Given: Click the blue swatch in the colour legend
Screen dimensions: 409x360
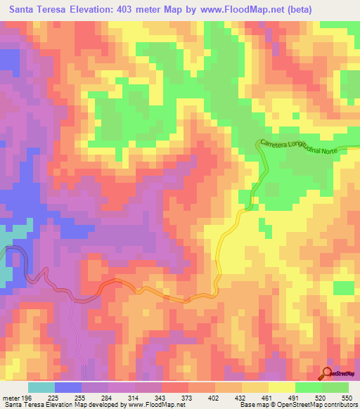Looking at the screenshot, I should pos(68,387).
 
